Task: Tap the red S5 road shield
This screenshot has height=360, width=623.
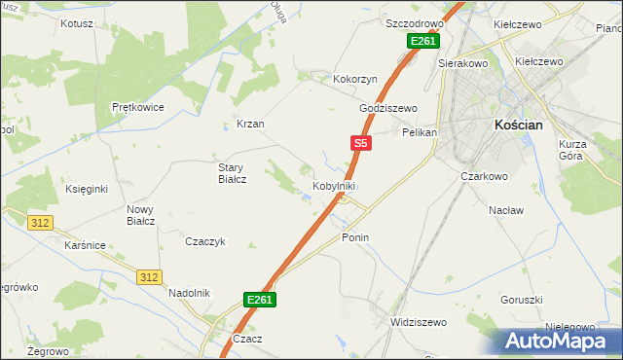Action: click(x=360, y=143)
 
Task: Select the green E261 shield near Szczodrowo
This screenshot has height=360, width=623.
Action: click(x=423, y=41)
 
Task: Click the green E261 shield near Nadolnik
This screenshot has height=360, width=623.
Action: click(x=260, y=300)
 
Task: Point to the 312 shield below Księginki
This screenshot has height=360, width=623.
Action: click(x=40, y=223)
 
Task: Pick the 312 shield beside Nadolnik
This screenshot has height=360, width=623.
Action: click(x=148, y=277)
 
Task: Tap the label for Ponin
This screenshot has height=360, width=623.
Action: click(x=355, y=237)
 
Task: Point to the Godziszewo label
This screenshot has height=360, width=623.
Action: click(x=387, y=108)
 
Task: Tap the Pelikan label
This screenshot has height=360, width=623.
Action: click(x=420, y=131)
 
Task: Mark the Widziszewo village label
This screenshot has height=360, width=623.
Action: click(x=417, y=322)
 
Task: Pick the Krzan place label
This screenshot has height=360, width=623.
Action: click(x=250, y=125)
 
